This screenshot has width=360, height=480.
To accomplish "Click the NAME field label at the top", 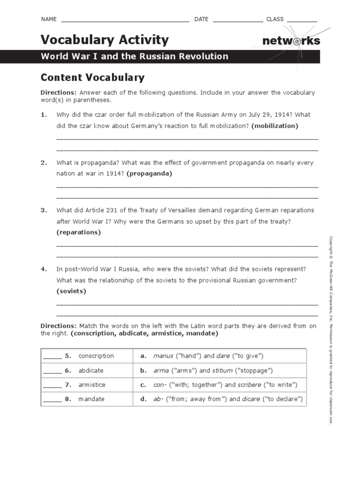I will [49, 19].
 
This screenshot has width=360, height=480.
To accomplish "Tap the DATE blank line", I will [238, 20].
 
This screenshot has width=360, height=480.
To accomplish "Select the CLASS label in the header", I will [275, 19].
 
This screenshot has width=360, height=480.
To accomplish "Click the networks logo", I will [291, 41].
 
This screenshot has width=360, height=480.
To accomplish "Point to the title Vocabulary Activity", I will [105, 40].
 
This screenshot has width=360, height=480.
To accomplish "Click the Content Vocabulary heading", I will [92, 77].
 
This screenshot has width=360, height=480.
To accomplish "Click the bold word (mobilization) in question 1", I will [274, 126].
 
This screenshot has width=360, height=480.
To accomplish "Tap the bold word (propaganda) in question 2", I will [149, 173].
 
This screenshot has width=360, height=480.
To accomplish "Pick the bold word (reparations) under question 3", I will [78, 232].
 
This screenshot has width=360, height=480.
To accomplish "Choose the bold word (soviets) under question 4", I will [71, 291].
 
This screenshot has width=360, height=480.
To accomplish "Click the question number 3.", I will [44, 210].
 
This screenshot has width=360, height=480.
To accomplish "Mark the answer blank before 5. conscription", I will [52, 356].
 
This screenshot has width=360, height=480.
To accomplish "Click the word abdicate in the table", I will [91, 370].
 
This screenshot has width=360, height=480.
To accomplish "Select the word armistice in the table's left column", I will [92, 385].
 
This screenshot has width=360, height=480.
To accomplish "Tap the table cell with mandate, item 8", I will [91, 399].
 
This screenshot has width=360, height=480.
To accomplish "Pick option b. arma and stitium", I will [206, 370].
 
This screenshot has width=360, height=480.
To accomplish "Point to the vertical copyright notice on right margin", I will [330, 330].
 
